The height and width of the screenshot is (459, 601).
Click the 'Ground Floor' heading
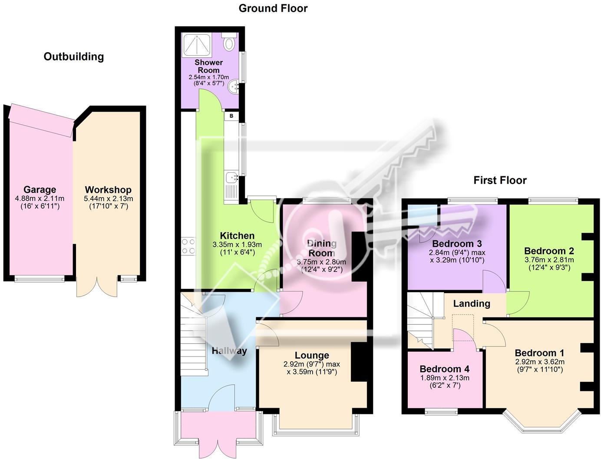[273, 8]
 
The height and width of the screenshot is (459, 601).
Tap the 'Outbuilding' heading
[74, 56]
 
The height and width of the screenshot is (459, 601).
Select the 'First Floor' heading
[500, 180]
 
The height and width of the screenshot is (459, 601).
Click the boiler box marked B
[231, 116]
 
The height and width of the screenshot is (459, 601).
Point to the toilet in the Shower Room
[229, 43]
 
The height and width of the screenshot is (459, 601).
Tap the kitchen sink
[231, 178]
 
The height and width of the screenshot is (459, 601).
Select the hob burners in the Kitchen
[188, 246]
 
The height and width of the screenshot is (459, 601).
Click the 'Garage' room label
[40, 190]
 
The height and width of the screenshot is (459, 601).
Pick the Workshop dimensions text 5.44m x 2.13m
[108, 199]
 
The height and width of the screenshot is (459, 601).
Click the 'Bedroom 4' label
[444, 369]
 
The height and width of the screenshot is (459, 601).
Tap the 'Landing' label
[472, 304]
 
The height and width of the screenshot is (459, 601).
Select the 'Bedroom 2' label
[549, 251]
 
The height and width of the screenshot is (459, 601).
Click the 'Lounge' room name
[312, 356]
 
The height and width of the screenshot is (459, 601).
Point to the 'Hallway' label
[229, 351]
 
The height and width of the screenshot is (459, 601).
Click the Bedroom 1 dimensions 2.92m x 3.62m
[539, 362]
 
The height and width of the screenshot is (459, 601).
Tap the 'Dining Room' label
[322, 248]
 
